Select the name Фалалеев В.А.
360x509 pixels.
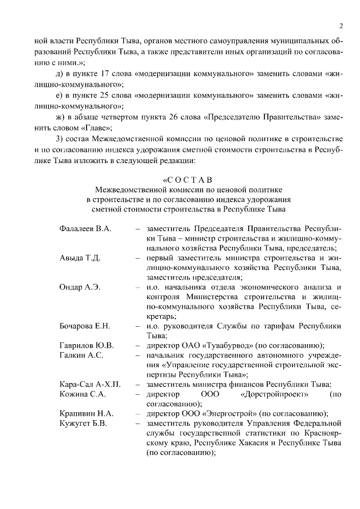pyautogui.click(x=85, y=230)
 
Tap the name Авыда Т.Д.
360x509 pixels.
pyautogui.click(x=80, y=258)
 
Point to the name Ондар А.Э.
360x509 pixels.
pyautogui.click(x=80, y=287)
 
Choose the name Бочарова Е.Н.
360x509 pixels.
pyautogui.click(x=85, y=326)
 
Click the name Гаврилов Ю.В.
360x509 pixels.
pyautogui.click(x=87, y=345)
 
